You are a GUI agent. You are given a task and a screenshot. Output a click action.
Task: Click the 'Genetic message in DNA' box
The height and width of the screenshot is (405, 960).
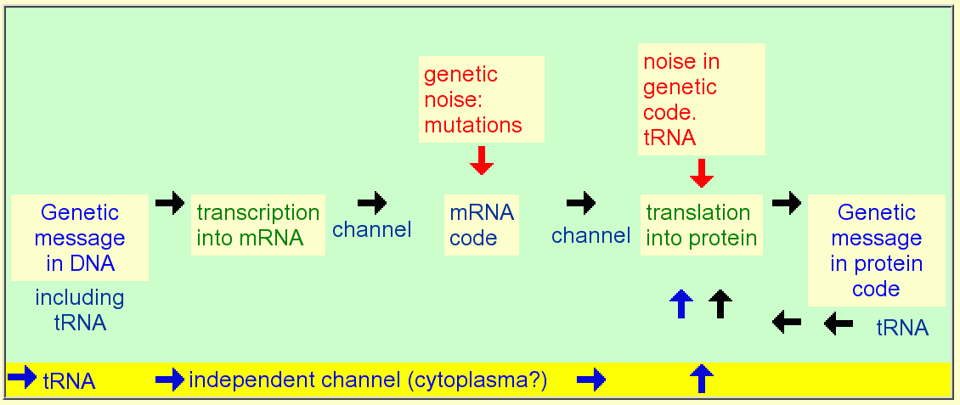coord(80,238)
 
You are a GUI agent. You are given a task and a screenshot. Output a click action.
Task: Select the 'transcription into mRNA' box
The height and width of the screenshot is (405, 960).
coord(257,225)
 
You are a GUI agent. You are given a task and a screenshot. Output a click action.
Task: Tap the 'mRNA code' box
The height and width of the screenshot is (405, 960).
coord(481,225)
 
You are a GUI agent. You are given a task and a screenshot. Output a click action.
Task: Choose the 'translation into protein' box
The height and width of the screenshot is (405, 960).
coord(702,225)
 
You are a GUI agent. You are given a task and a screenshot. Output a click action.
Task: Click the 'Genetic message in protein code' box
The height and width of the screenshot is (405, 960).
coord(876,250)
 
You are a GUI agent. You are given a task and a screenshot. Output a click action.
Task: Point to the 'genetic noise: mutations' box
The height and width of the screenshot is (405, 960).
coord(481,99)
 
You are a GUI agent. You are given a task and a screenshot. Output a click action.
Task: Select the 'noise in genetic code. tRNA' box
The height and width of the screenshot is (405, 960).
coord(702,99)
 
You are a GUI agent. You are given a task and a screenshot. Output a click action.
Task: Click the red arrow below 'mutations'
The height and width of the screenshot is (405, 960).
coord(481,160)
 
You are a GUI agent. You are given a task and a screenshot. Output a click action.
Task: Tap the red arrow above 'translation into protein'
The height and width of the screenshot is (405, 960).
coord(702,173)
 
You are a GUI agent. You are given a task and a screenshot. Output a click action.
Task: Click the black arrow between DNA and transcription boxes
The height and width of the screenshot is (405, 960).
coord(170,202)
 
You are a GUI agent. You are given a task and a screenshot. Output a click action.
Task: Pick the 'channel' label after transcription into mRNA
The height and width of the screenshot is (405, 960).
coord(371,230)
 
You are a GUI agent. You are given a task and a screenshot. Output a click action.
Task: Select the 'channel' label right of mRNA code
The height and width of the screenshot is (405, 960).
coord(590,235)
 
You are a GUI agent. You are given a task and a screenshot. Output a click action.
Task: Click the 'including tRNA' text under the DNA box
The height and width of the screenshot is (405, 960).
coord(80,310)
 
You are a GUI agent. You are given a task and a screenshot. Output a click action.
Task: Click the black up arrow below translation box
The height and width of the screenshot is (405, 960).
coord(720,304)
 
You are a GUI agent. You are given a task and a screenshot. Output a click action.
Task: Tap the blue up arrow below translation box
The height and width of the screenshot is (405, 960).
coord(681,304)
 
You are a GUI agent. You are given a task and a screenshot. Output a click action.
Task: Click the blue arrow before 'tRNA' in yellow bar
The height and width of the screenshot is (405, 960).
coord(23,378)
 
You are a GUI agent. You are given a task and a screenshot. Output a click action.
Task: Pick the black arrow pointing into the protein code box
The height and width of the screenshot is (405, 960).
coord(787,202)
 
